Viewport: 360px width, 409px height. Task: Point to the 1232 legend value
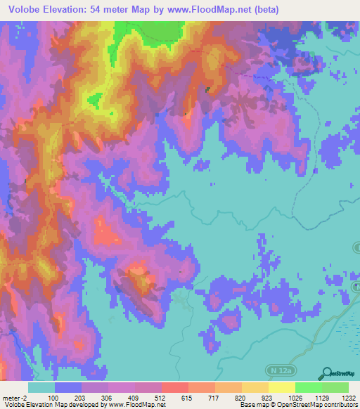tap(349, 398)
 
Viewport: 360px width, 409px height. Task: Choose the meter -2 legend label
tap(14, 398)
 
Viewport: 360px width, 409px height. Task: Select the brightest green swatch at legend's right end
tap(335, 387)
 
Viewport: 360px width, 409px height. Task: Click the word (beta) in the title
tap(264, 10)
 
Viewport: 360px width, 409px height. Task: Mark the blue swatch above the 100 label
tap(67, 387)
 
